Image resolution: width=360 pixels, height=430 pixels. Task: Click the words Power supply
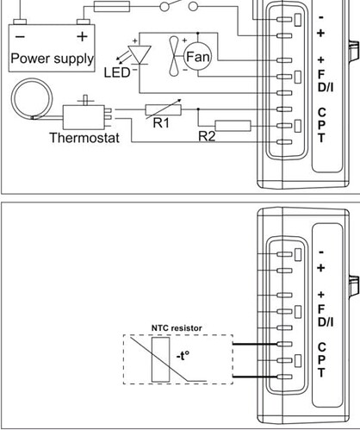pyautogui.click(x=52, y=59)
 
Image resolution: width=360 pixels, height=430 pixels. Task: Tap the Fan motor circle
pyautogui.click(x=197, y=56)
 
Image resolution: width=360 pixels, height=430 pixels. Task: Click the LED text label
pyautogui.click(x=116, y=72)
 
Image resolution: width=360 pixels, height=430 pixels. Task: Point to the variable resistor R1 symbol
pyautogui.click(x=163, y=109)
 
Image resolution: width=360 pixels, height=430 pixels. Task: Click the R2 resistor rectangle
pyautogui.click(x=233, y=126)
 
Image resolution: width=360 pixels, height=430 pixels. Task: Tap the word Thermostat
pyautogui.click(x=84, y=138)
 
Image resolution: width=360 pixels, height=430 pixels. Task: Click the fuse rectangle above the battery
pyautogui.click(x=112, y=6)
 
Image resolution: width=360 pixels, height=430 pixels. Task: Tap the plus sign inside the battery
pyautogui.click(x=82, y=36)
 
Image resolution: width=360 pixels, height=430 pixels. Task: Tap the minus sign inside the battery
pyautogui.click(x=20, y=37)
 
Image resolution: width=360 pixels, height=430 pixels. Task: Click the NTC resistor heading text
pyautogui.click(x=177, y=328)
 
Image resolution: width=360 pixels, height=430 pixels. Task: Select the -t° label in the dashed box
pyautogui.click(x=183, y=356)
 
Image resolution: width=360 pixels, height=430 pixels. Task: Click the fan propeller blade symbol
pyautogui.click(x=173, y=56)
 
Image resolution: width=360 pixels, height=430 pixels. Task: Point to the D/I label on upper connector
pyautogui.click(x=326, y=87)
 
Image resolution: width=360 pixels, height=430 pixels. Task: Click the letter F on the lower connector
pyautogui.click(x=321, y=308)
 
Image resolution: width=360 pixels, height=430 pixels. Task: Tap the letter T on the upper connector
pyautogui.click(x=321, y=138)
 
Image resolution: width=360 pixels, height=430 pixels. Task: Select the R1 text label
pyautogui.click(x=161, y=123)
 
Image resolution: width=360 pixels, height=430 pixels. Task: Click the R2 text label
pyautogui.click(x=207, y=136)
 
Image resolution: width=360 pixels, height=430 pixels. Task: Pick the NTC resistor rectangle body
pyautogui.click(x=160, y=359)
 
